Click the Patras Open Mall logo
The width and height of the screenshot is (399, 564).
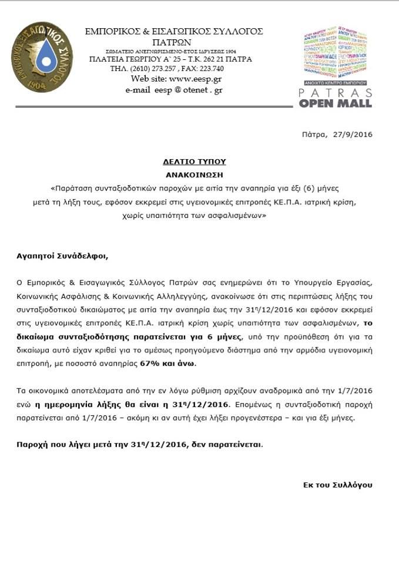(x=336, y=67)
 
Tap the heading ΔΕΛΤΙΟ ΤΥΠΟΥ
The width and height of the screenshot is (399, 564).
(x=194, y=161)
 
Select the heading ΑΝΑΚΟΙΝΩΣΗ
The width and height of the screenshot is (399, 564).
(x=194, y=174)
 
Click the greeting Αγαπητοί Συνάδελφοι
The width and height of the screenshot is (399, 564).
(x=63, y=256)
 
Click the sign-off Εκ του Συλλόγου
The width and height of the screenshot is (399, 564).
(x=337, y=485)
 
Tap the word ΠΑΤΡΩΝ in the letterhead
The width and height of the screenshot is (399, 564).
(x=174, y=42)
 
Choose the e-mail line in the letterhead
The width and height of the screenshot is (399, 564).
(x=173, y=90)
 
